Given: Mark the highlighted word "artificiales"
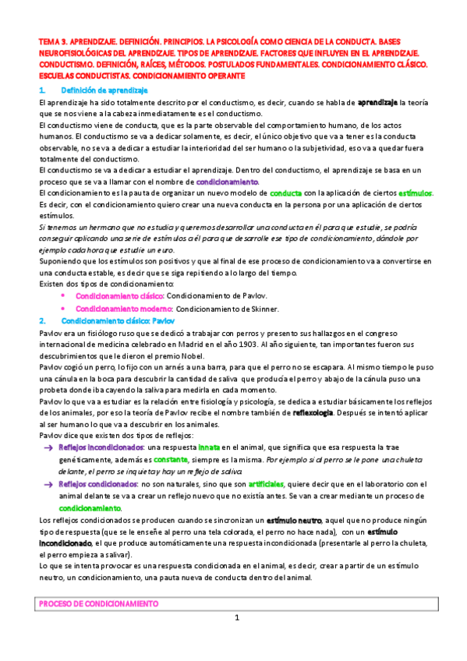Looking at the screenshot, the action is point(240,484).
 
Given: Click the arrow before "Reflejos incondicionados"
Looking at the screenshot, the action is point(48,447).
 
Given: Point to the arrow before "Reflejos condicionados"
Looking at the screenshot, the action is point(48,484).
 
